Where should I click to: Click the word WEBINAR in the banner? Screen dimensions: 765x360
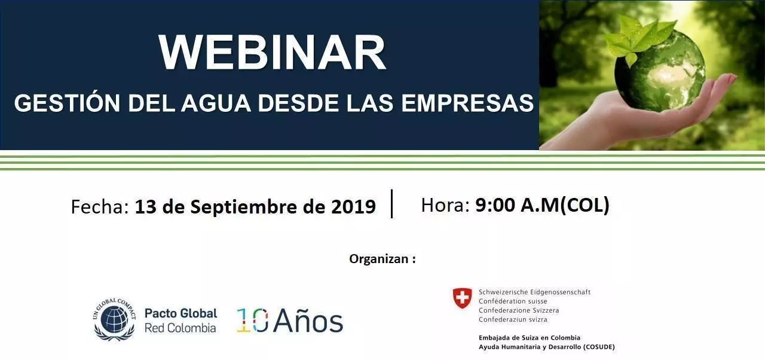pyautogui.click(x=272, y=53)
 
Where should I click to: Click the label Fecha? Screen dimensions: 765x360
pyautogui.click(x=100, y=207)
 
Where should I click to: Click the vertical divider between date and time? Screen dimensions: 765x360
pyautogui.click(x=391, y=203)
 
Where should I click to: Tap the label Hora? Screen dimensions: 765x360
pyautogui.click(x=445, y=205)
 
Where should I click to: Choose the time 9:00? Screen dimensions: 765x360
pyautogui.click(x=495, y=205)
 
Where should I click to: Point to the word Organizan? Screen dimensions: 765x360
pyautogui.click(x=379, y=259)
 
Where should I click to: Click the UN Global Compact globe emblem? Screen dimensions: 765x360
pyautogui.click(x=114, y=319)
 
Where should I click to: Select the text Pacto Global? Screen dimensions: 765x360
pyautogui.click(x=181, y=313)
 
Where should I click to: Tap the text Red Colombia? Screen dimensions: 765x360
pyautogui.click(x=180, y=328)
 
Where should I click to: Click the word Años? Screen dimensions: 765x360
pyautogui.click(x=308, y=321)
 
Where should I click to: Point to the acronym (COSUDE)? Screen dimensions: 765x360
pyautogui.click(x=599, y=347)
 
